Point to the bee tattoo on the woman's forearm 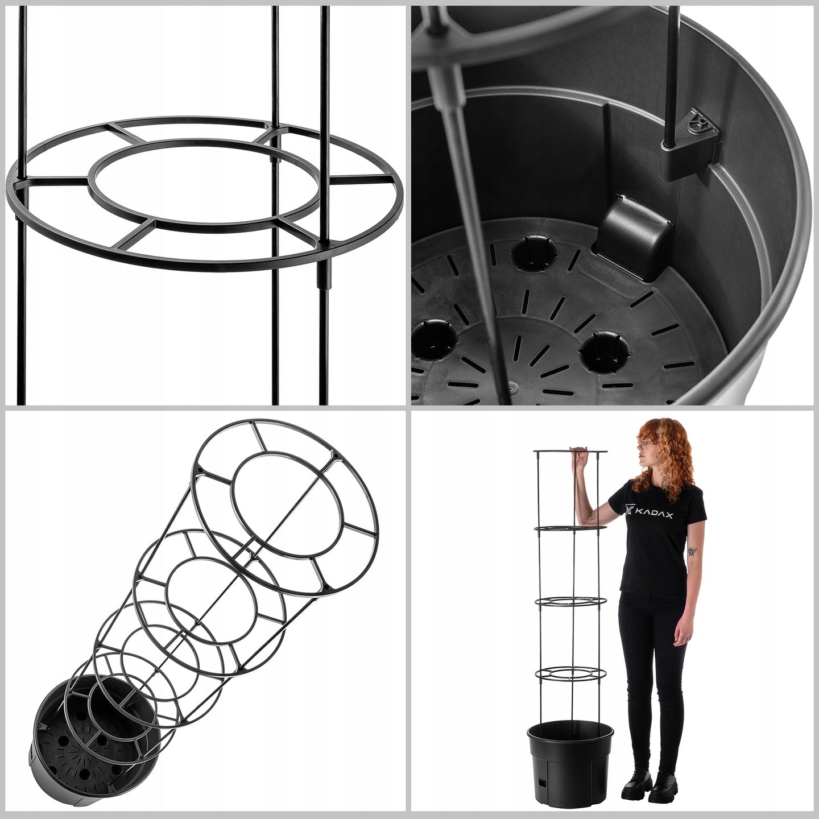[x=692, y=552]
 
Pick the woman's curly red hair [x=663, y=459]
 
